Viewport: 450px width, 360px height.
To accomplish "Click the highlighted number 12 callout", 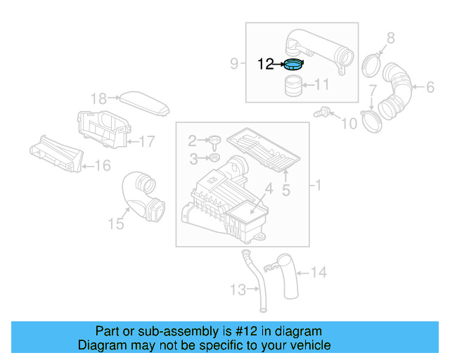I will [266, 64].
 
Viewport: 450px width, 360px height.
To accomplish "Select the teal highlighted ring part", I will [292, 65].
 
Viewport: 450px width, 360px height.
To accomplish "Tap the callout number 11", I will [322, 85].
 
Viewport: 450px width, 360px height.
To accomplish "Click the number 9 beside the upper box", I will [234, 64].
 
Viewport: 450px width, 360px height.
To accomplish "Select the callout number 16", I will [103, 166].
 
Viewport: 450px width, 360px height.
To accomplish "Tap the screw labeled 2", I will [212, 140].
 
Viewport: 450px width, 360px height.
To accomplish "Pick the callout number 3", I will [193, 160].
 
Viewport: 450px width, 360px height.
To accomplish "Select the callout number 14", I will [319, 271].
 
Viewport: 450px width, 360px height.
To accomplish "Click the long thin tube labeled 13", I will [256, 281].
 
